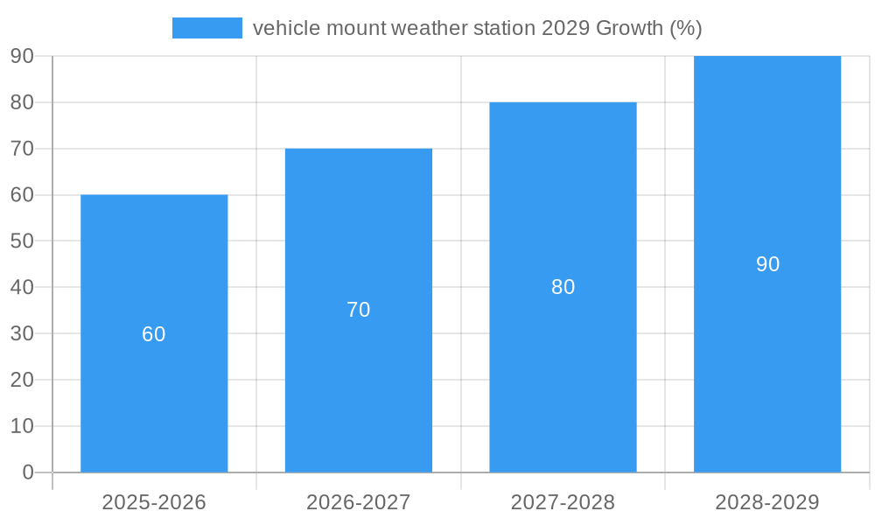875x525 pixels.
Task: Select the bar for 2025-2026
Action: click(x=154, y=262)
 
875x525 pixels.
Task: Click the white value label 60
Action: click(x=154, y=334)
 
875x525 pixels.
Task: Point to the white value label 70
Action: click(x=359, y=310)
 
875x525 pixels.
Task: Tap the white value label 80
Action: click(x=563, y=287)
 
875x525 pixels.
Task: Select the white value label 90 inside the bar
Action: click(x=767, y=264)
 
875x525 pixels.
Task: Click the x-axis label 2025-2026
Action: click(x=154, y=502)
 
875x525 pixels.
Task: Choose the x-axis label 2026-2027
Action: click(x=359, y=502)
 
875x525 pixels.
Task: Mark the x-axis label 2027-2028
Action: click(x=563, y=502)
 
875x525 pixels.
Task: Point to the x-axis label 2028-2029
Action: click(x=767, y=502)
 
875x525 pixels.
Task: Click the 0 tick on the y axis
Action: click(x=27, y=472)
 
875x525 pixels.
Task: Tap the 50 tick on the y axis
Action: click(x=22, y=241)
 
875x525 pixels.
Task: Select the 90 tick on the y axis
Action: click(x=22, y=56)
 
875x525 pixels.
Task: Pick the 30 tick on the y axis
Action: click(x=22, y=333)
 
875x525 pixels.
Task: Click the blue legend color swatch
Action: click(x=207, y=28)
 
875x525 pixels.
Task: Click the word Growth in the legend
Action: click(x=629, y=28)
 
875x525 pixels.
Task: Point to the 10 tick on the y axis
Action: click(x=22, y=426)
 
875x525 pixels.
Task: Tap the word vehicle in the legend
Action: click(x=286, y=28)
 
